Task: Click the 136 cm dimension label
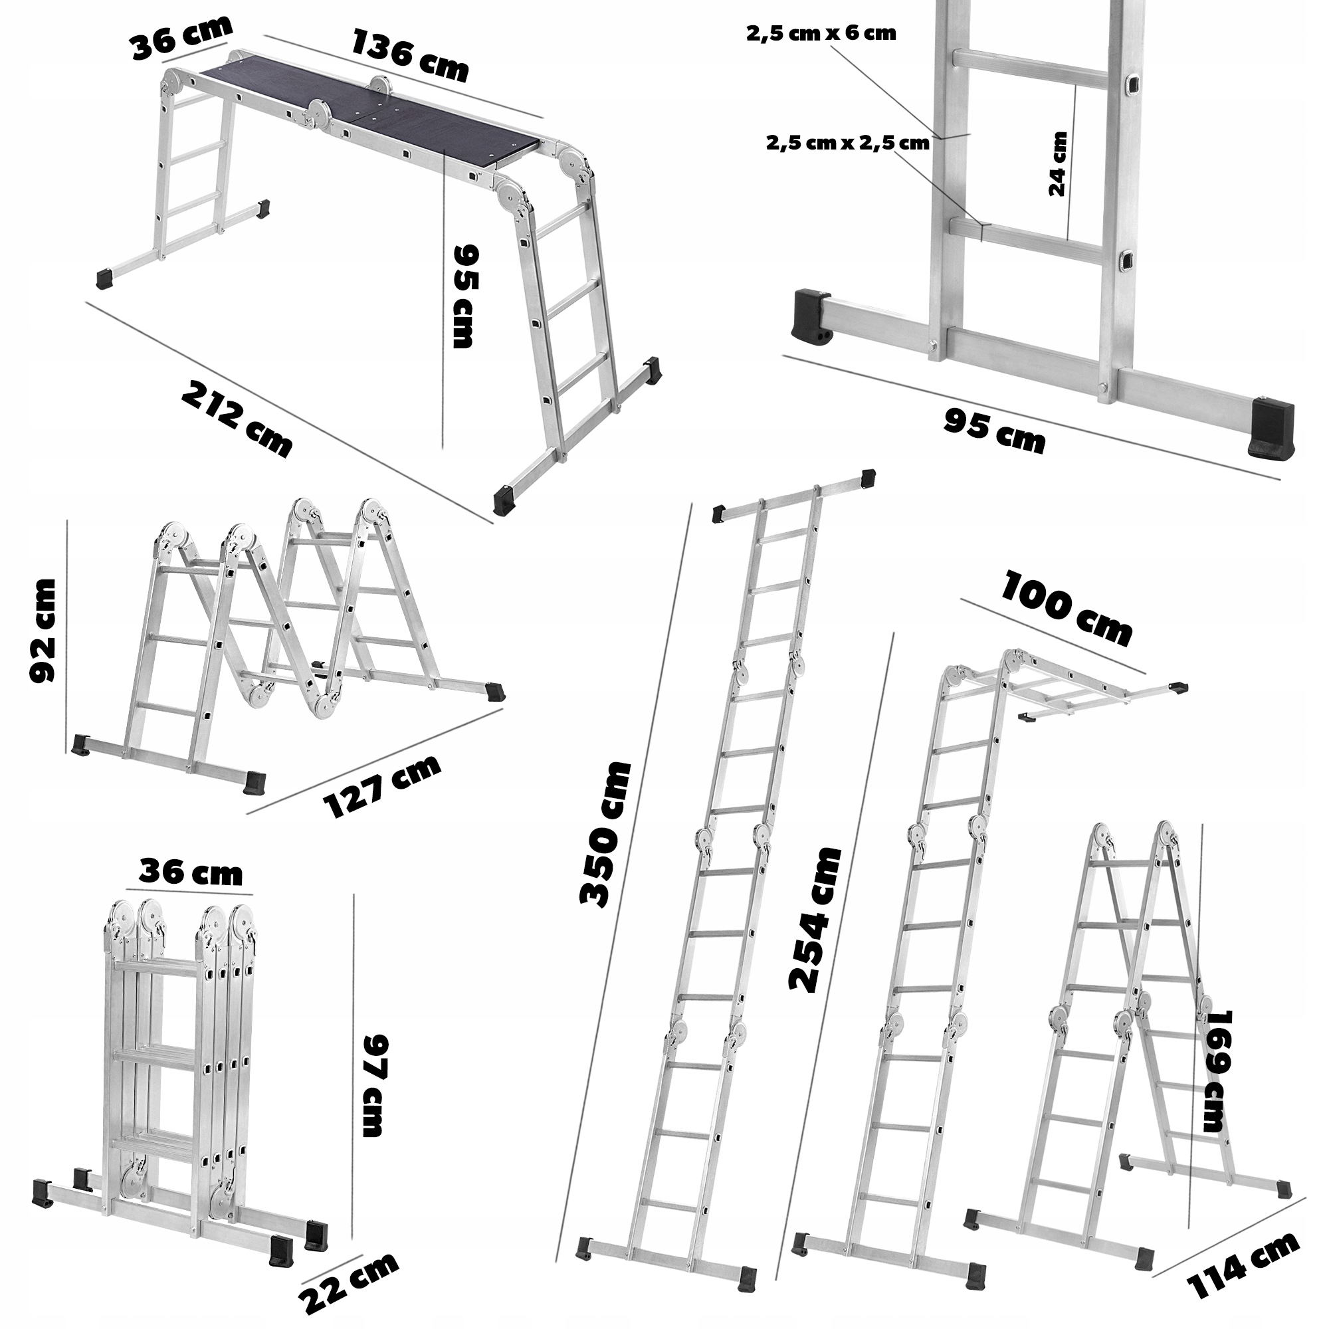410,55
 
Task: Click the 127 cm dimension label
382,787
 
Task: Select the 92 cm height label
43,631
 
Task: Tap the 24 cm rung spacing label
1057,163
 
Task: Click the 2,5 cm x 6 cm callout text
821,34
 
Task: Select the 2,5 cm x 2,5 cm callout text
847,143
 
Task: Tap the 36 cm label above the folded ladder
191,872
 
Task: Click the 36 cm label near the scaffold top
181,39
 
